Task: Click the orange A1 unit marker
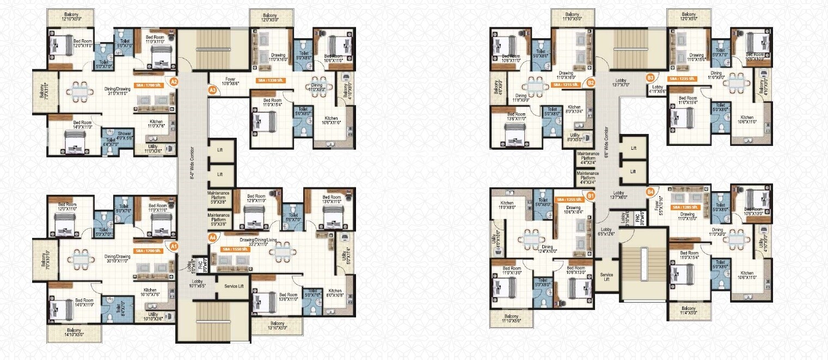[174, 246]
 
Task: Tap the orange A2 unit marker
[174, 82]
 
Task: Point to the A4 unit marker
[213, 237]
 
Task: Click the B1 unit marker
[591, 194]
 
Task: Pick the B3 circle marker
[650, 78]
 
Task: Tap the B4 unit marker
[650, 192]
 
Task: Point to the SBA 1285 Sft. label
[685, 207]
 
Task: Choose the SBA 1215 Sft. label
[565, 85]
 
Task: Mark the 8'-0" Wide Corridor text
[192, 163]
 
